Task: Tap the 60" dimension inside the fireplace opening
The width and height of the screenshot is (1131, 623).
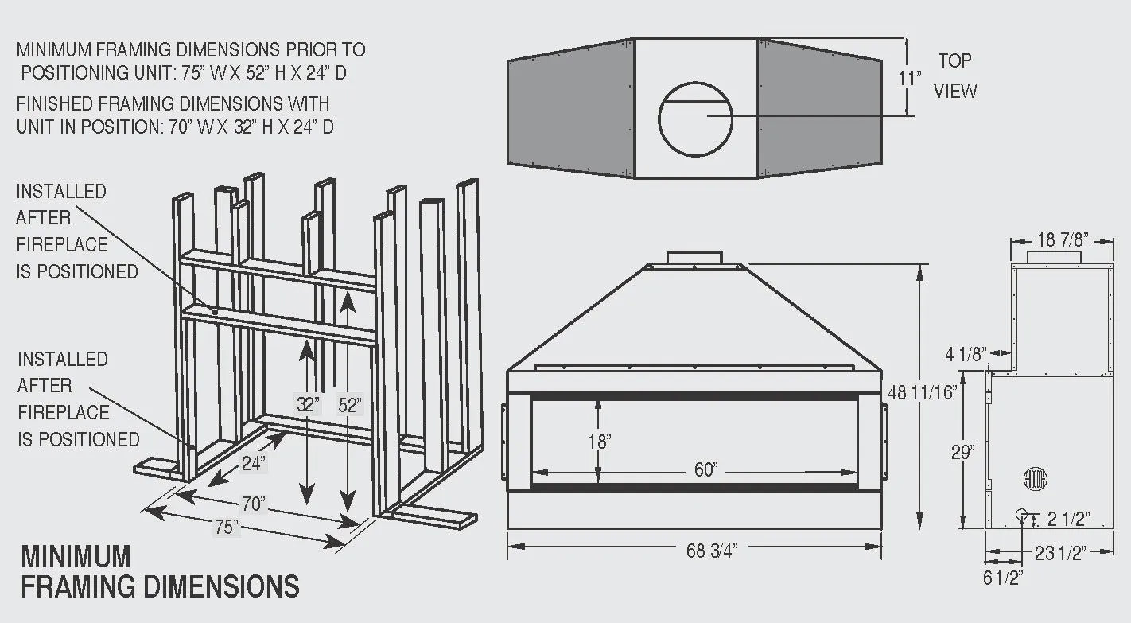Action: (705, 470)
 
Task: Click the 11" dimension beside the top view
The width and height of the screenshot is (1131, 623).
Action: (909, 79)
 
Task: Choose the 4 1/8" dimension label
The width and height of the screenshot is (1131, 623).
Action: (966, 354)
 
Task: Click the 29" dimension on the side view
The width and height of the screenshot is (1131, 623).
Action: (963, 452)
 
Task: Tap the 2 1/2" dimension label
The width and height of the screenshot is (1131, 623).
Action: (1068, 520)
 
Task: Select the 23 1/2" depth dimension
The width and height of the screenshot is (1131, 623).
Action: (1061, 552)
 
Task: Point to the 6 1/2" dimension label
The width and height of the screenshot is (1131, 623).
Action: (1003, 578)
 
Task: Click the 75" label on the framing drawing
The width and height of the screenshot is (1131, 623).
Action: (226, 527)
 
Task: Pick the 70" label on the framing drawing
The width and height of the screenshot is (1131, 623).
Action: (253, 504)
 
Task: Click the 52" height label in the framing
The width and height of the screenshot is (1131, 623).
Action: (349, 405)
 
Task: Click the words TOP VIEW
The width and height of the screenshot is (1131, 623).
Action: (954, 76)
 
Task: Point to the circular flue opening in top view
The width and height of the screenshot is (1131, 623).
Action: (696, 118)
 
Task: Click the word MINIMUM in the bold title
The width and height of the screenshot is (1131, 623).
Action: (76, 556)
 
